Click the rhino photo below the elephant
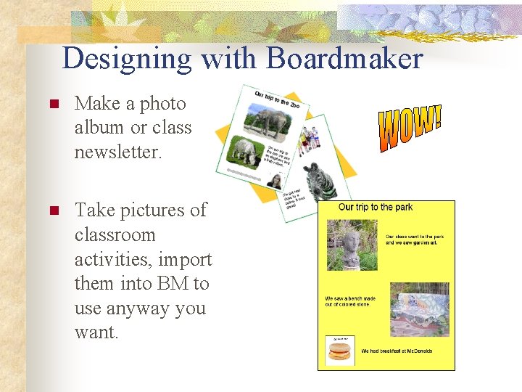click(244, 152)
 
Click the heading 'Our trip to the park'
click(376, 208)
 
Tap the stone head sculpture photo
click(352, 245)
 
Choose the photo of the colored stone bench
click(420, 309)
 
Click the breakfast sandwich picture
click(340, 353)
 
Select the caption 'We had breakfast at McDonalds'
click(397, 351)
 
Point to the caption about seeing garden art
click(414, 240)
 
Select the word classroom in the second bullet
click(115, 235)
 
